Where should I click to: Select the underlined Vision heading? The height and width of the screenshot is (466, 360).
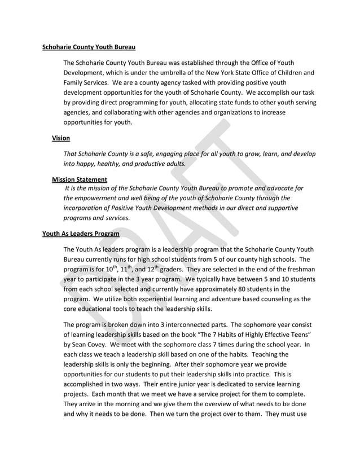tap(61, 138)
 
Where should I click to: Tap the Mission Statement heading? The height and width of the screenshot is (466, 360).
tap(80, 179)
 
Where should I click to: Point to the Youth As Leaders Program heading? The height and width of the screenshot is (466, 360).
tap(81, 232)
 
